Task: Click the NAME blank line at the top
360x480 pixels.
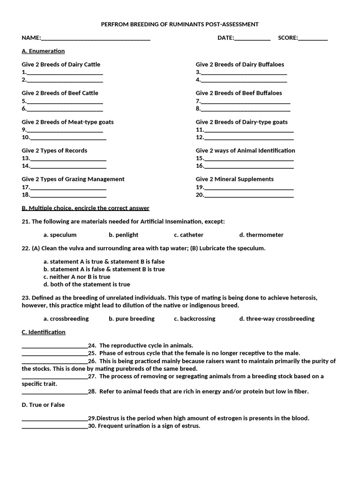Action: [x=96, y=39]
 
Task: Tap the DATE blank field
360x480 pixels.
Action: [x=252, y=39]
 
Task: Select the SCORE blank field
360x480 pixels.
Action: [x=313, y=39]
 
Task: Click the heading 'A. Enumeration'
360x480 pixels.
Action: [x=43, y=51]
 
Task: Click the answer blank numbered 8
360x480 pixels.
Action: [x=245, y=109]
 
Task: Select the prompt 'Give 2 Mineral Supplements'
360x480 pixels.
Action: [x=234, y=179]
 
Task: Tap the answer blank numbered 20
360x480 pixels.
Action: [x=249, y=195]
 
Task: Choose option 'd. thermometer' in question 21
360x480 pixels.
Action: [x=261, y=235]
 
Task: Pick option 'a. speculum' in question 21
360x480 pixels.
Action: [x=60, y=235]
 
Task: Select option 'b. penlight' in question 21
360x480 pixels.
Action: [x=124, y=235]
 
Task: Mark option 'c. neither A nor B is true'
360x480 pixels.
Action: [x=77, y=277]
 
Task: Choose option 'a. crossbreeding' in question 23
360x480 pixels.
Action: [x=66, y=319]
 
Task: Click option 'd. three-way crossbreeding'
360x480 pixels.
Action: [x=277, y=319]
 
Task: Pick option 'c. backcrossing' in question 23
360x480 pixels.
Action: [x=195, y=319]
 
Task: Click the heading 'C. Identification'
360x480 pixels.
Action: [x=44, y=332]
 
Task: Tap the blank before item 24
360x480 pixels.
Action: [x=54, y=346]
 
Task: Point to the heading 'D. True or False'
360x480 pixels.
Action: [x=43, y=405]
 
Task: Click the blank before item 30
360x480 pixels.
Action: [x=54, y=427]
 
